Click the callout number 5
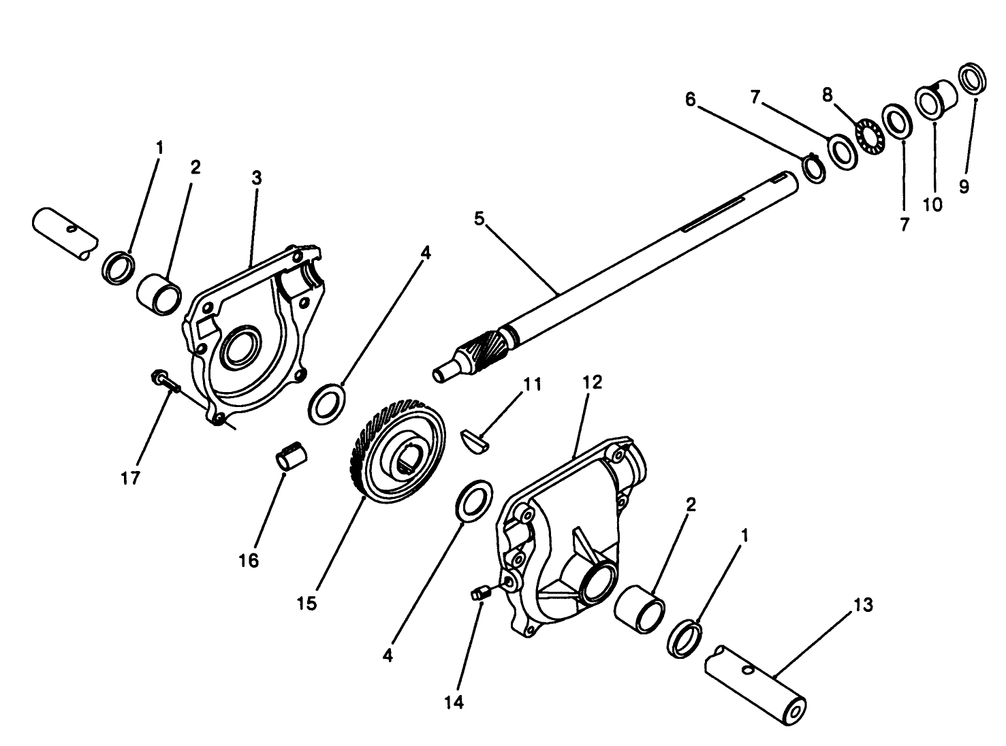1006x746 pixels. [480, 218]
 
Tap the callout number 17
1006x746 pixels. [131, 478]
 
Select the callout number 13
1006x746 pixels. [863, 605]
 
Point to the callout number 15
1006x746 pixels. [306, 604]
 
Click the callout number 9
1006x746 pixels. [964, 186]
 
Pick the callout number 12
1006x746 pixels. [593, 382]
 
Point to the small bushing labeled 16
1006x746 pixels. [292, 455]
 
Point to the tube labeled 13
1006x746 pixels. [755, 684]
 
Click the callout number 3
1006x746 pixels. [257, 178]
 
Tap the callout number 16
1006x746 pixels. [249, 561]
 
